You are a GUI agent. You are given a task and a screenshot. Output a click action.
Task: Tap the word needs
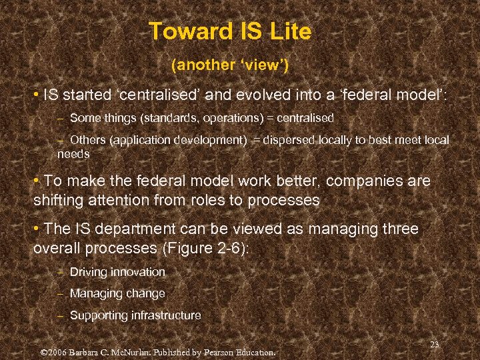73,153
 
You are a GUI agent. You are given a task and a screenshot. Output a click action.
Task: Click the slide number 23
435,344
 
